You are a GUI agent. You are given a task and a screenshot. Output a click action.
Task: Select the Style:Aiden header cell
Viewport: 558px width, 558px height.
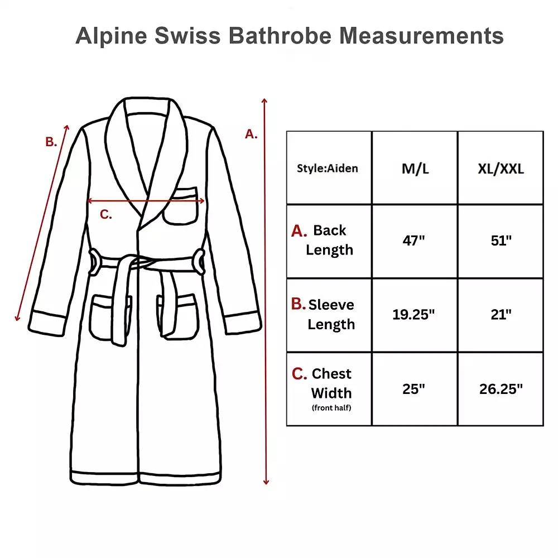328,168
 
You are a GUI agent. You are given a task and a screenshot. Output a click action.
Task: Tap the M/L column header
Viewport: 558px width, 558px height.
415,169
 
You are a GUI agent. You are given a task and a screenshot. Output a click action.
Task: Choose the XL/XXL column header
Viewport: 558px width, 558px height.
501,169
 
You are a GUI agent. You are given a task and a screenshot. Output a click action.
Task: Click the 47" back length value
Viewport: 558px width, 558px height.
414,241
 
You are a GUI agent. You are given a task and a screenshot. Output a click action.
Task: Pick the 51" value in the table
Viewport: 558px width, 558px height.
501,241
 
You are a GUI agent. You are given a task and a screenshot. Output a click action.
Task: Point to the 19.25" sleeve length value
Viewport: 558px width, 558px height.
413,315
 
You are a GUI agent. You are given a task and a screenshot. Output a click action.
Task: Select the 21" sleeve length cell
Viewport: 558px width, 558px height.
501,315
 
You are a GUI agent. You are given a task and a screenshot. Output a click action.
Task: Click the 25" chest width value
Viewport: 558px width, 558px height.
414,389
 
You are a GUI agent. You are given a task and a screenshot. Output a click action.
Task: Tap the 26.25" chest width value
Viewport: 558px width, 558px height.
501,389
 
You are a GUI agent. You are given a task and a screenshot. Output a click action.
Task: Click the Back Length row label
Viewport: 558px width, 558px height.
329,240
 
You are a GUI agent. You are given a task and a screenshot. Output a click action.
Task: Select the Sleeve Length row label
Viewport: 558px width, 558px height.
331,314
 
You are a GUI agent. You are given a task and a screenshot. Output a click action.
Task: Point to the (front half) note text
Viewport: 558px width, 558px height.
332,408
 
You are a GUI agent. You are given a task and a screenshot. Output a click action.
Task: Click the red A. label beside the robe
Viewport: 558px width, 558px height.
252,134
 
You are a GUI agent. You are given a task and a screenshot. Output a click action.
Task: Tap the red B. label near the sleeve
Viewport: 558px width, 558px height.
51,142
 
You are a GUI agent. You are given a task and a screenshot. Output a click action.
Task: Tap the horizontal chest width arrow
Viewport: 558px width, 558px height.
146,201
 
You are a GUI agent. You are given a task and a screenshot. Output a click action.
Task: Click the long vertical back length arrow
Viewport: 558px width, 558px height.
266,290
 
